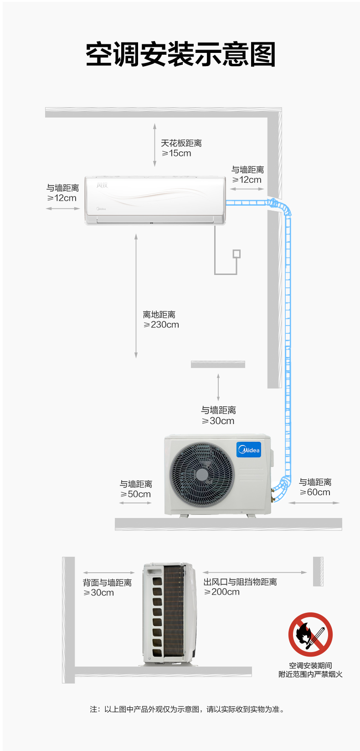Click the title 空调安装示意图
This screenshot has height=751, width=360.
(180, 54)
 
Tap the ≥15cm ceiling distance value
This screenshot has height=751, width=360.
(176, 153)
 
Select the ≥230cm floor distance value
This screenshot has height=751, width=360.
(161, 325)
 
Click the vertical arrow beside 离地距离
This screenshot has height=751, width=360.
(136, 296)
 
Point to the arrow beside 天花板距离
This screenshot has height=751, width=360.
(154, 145)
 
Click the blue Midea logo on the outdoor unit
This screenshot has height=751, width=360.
(249, 450)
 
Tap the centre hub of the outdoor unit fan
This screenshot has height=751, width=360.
(202, 474)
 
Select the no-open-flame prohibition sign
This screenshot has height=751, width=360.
(310, 635)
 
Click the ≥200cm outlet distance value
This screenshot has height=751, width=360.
(222, 592)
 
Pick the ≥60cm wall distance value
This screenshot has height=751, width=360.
(315, 492)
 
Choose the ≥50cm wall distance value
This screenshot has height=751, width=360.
(135, 494)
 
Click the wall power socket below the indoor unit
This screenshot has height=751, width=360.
(237, 254)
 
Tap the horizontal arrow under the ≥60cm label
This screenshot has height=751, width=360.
(314, 503)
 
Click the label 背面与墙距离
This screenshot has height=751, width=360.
(107, 583)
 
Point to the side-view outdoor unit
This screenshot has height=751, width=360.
(170, 613)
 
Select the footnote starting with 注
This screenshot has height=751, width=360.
(187, 709)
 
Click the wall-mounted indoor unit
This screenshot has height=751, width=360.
(155, 200)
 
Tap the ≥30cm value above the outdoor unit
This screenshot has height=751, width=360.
(218, 421)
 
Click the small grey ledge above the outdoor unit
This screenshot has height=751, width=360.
(218, 364)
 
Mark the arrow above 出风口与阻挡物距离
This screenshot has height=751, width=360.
(255, 572)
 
